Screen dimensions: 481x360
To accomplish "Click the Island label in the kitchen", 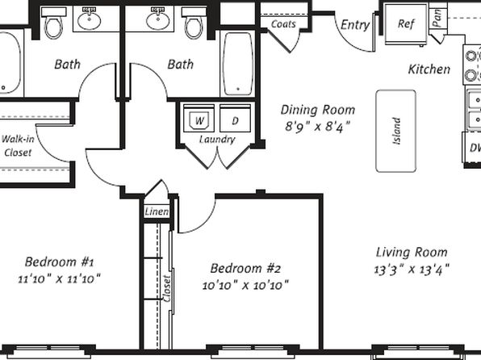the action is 396,131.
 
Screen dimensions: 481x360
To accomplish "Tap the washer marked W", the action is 199,119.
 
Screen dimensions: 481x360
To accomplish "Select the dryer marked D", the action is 236,119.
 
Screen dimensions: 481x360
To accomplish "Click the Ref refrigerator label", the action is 406,23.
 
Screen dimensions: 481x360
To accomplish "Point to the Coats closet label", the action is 283,24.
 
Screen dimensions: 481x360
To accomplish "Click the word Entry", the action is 355,25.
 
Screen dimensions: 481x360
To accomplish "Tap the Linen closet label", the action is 157,211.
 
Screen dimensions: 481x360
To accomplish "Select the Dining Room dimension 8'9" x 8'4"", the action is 318,126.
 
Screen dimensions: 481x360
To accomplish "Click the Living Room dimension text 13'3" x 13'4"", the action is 412,270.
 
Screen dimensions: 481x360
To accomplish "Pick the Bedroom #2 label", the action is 245,269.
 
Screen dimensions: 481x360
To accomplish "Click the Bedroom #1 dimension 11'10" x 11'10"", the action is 59,279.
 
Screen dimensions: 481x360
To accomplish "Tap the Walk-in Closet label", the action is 18,145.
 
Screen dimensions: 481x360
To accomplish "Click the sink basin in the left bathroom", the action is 90,19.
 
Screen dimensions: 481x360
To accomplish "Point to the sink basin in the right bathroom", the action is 158,19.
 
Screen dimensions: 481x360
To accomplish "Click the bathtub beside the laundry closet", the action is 238,64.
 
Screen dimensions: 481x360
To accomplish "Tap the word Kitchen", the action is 429,69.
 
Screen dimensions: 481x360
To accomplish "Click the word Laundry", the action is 217,140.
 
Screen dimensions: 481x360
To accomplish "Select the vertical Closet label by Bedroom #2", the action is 166,288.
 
